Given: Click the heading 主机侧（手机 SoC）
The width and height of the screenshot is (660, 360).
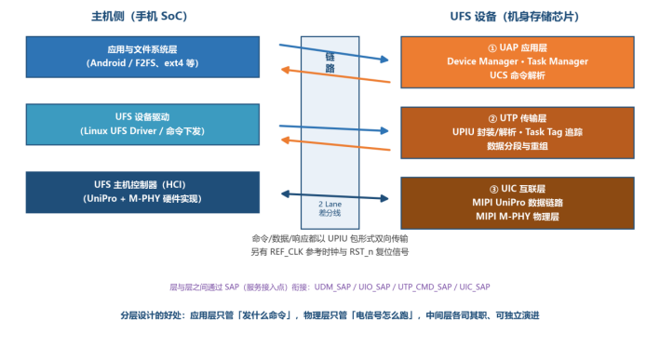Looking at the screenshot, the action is (140, 17).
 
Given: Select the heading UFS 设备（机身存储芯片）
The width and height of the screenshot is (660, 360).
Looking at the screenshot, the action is (515, 17).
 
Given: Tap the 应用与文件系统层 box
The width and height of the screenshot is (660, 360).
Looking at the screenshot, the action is (142, 57).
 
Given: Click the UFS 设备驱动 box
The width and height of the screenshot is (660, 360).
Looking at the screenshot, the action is (142, 125).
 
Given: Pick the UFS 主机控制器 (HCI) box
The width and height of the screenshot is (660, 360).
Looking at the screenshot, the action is (142, 193).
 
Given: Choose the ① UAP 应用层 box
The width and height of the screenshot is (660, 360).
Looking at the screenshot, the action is (518, 62).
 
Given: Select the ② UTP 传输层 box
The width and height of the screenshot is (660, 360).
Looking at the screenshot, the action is (518, 133).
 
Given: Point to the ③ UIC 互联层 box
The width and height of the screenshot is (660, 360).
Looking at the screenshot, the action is (518, 203).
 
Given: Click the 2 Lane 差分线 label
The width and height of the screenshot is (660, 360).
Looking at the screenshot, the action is (330, 208).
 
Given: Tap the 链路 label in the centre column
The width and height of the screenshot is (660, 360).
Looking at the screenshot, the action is (330, 62).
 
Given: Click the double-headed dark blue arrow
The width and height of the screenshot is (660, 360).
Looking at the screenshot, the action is (334, 196).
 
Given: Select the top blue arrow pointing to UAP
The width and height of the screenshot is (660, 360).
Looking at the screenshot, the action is (334, 52).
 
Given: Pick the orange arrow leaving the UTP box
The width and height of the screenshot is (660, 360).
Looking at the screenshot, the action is (335, 143).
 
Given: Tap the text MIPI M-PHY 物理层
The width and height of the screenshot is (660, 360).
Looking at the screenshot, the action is (518, 217).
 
